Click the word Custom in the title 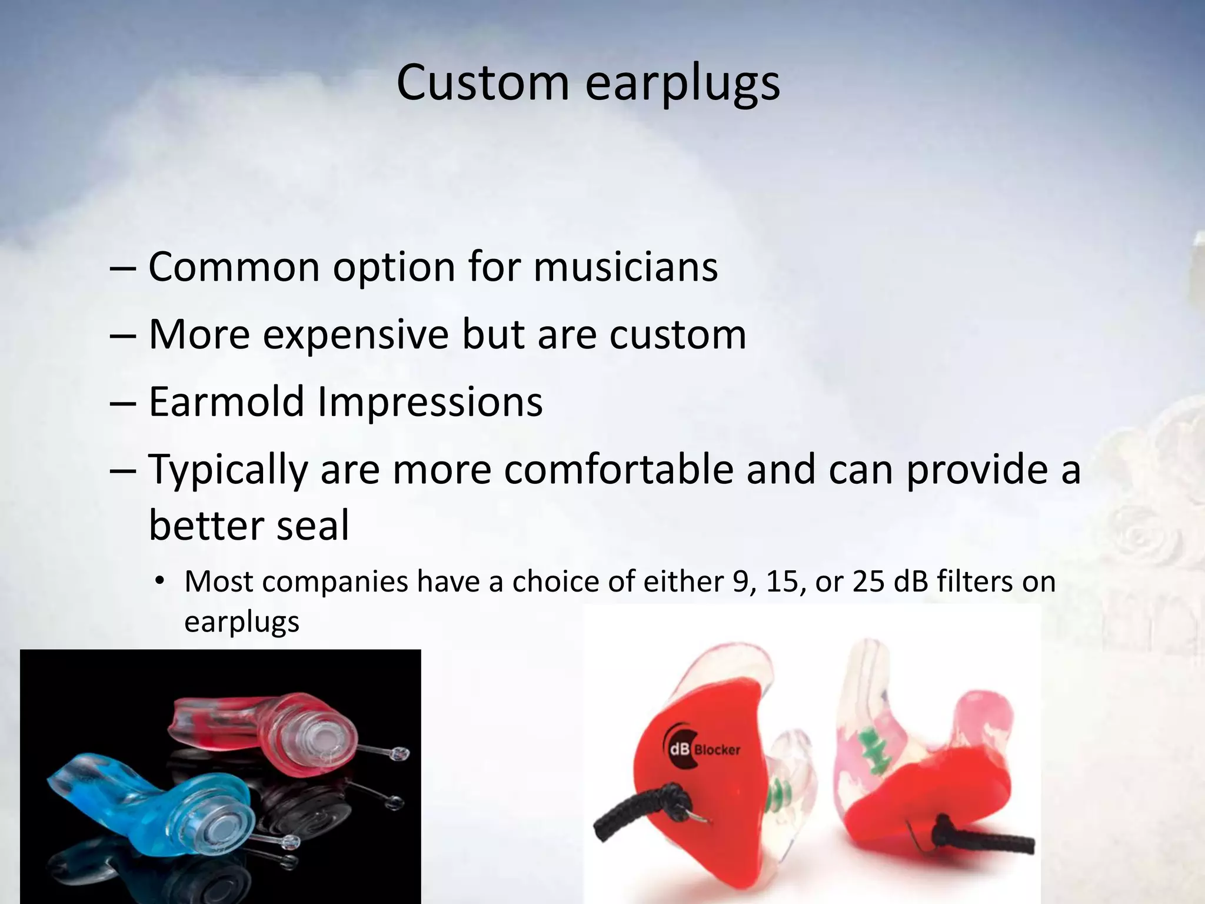pyautogui.click(x=482, y=82)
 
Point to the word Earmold pyautogui.click(x=226, y=401)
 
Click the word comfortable pyautogui.click(x=618, y=470)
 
